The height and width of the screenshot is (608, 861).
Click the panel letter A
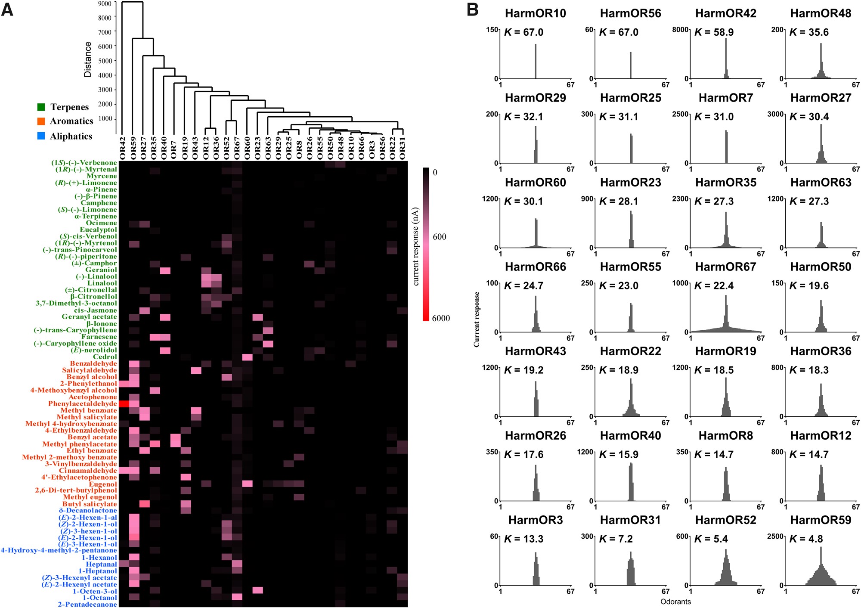click(7, 9)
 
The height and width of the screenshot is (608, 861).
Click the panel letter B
click(472, 9)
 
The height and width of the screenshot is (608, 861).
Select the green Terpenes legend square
click(41, 107)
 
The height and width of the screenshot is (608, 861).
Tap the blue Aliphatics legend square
click(41, 136)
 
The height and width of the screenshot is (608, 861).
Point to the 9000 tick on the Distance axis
click(105, 3)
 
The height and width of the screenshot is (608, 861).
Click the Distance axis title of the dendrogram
click(88, 59)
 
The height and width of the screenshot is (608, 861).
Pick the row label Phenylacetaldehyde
click(82, 403)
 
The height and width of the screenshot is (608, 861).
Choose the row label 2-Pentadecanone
click(87, 604)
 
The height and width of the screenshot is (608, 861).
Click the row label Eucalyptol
click(98, 230)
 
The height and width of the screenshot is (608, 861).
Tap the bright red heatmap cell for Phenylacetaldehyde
click(124, 403)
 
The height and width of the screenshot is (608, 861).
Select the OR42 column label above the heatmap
click(123, 148)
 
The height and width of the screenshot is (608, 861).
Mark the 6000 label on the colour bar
click(441, 318)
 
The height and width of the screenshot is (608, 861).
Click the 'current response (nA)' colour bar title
click(415, 246)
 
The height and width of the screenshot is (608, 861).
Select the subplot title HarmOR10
click(535, 13)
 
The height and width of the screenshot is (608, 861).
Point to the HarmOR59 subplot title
click(821, 520)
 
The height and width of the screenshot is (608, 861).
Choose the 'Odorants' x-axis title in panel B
click(675, 602)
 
